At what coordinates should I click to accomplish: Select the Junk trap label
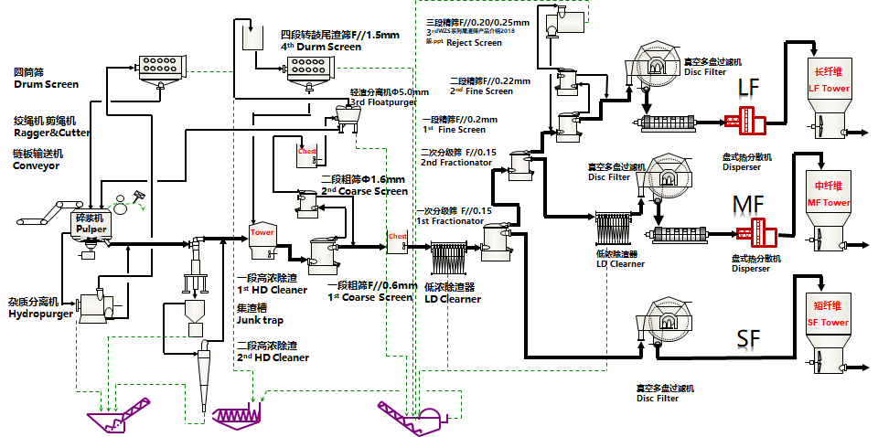259,320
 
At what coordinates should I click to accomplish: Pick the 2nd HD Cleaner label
272,357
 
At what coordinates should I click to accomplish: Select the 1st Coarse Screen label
369,296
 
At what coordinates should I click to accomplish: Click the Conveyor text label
36,165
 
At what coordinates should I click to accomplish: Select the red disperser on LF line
744,121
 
